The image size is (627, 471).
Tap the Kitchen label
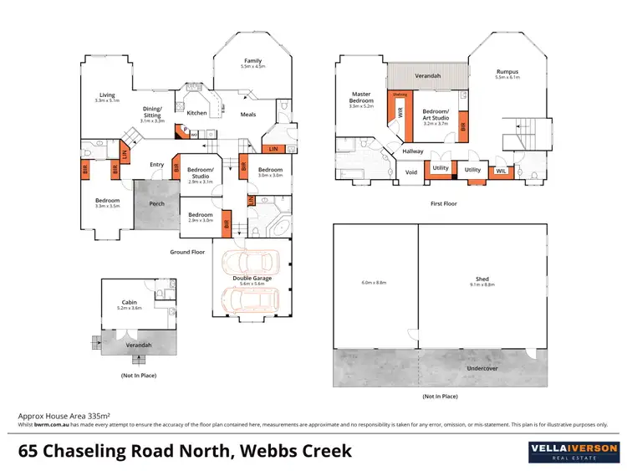point(196,113)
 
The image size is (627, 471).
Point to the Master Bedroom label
point(361,97)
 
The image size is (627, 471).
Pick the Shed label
point(482,279)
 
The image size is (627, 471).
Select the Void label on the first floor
point(411,172)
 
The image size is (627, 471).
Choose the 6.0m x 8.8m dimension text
point(374,283)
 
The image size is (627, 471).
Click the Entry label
point(156,165)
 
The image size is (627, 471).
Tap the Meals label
point(248,115)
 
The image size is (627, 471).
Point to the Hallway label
point(412,151)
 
